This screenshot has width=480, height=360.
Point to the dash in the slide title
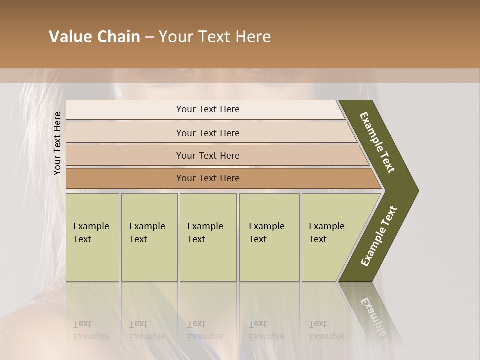pyautogui.click(x=149, y=37)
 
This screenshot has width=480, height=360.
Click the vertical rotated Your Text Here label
pyautogui.click(x=57, y=143)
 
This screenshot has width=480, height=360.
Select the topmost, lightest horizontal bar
pyautogui.click(x=208, y=109)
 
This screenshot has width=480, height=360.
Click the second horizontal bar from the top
pyautogui.click(x=208, y=133)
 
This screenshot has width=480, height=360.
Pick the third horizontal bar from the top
pyautogui.click(x=208, y=155)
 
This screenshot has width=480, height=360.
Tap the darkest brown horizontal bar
pyautogui.click(x=208, y=178)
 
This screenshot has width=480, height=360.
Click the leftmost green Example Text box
pyautogui.click(x=92, y=237)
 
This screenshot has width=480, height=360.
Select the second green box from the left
pyautogui.click(x=149, y=237)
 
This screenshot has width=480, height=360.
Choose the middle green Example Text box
pyautogui.click(x=208, y=237)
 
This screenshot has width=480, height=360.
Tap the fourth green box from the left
pyautogui.click(x=269, y=237)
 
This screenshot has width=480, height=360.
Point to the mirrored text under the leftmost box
pyautogui.click(x=91, y=330)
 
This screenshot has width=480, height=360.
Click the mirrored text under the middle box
pyautogui.click(x=205, y=330)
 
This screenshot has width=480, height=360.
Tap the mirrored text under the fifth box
pyautogui.click(x=326, y=330)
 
